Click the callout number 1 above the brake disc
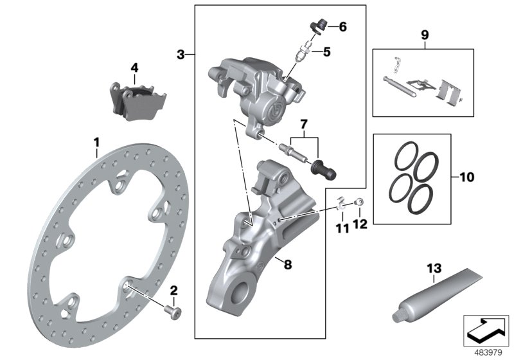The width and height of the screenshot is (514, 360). click(96, 141)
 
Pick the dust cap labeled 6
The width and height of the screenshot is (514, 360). click(316, 25)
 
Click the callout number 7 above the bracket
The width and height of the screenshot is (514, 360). click(304, 122)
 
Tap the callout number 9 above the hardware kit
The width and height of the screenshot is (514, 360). click(423, 33)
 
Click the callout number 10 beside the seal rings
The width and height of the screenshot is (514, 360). click(467, 175)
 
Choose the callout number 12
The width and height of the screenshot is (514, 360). click(360, 224)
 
